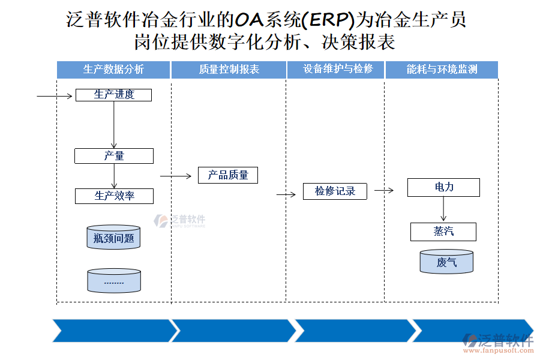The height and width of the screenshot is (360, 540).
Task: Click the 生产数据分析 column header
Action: [113, 70]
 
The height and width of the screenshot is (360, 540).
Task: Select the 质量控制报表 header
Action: [229, 70]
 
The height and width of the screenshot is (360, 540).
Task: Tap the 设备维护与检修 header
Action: [335, 70]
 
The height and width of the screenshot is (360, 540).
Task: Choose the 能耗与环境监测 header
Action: [442, 70]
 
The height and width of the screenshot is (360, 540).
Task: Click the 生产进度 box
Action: [113, 95]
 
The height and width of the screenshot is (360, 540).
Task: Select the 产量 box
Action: [113, 156]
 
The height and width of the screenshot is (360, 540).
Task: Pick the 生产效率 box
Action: [113, 196]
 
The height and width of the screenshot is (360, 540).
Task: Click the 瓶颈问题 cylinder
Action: [113, 238]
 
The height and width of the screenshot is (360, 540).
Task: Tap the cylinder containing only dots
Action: [113, 281]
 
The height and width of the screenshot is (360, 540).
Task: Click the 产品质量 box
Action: [227, 175]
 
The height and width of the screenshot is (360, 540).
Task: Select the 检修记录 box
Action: [335, 191]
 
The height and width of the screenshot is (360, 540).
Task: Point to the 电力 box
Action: [443, 187]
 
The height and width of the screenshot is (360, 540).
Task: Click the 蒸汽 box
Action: [443, 232]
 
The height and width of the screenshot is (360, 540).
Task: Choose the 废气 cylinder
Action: [446, 262]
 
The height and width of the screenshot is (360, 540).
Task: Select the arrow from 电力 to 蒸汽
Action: [443, 209]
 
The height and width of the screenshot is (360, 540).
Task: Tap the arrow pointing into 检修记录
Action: [286, 194]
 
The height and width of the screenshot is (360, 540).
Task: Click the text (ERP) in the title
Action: [328, 20]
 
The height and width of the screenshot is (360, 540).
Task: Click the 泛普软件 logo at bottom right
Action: [498, 341]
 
